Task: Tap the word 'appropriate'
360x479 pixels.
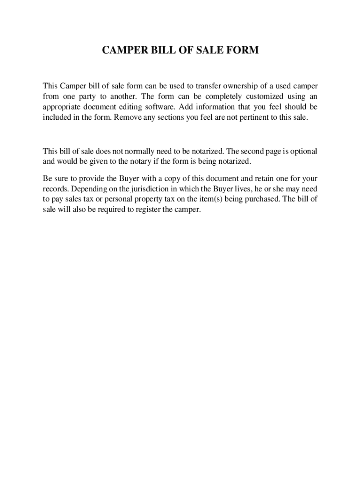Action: click(x=62, y=107)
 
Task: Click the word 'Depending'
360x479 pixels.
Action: click(x=87, y=189)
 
